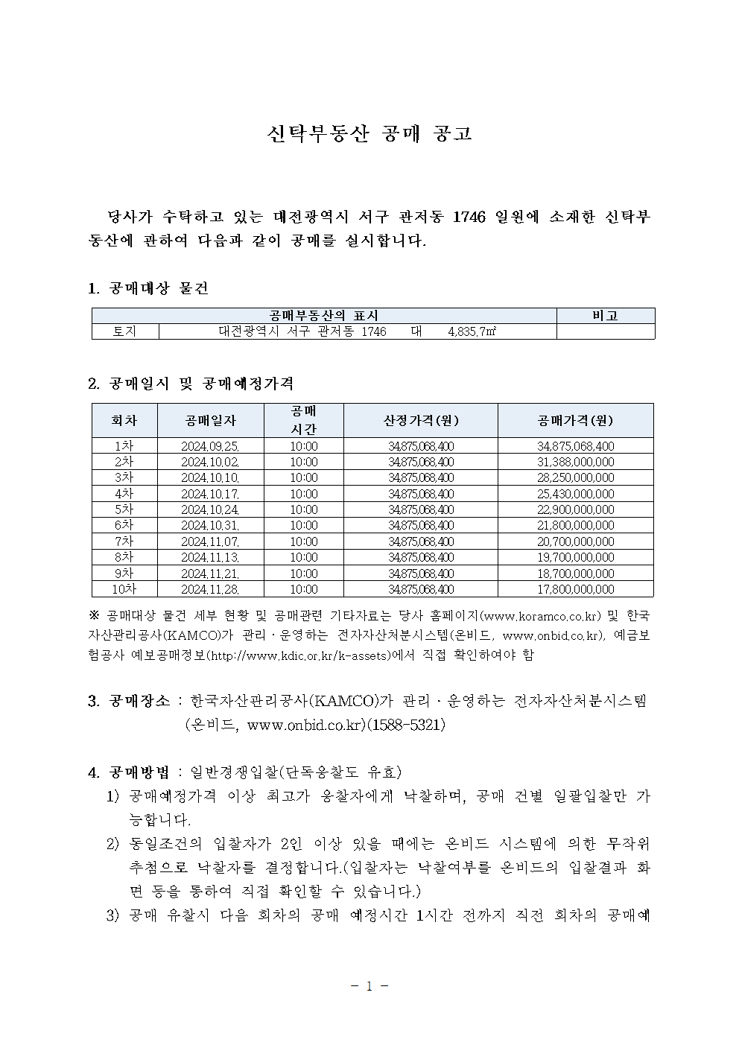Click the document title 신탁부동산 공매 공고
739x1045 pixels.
pyautogui.click(x=369, y=134)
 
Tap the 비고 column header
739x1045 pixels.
pyautogui.click(x=605, y=316)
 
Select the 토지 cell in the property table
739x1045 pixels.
pyautogui.click(x=124, y=331)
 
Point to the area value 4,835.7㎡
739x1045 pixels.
pyautogui.click(x=472, y=331)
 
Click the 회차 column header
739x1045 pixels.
pyautogui.click(x=124, y=420)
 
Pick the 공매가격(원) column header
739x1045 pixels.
pyautogui.click(x=575, y=420)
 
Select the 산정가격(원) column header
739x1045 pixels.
pyautogui.click(x=421, y=420)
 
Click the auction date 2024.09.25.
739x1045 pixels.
pyautogui.click(x=210, y=446)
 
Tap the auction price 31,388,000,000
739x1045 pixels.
pyautogui.click(x=575, y=462)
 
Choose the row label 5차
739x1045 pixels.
pyautogui.click(x=124, y=509)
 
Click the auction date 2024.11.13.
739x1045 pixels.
pyautogui.click(x=210, y=557)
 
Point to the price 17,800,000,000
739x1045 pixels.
pyautogui.click(x=575, y=589)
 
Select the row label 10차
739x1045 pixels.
pyautogui.click(x=124, y=589)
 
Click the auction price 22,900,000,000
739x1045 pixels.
pyautogui.click(x=575, y=509)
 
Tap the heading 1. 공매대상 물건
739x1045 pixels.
pyautogui.click(x=148, y=288)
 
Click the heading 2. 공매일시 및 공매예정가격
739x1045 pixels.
pyautogui.click(x=191, y=384)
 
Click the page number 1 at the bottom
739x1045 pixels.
pyautogui.click(x=369, y=986)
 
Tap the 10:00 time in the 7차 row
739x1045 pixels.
pyautogui.click(x=304, y=541)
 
